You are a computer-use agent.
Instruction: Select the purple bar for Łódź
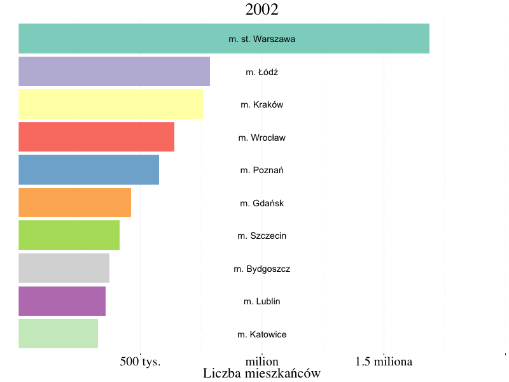coord(115,71)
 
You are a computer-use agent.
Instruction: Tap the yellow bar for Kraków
coord(111,104)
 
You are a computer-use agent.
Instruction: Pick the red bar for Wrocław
coord(96,137)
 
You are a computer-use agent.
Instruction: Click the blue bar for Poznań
coord(88,170)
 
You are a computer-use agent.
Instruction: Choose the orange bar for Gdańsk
coord(74,202)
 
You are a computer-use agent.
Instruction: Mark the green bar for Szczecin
coord(69,236)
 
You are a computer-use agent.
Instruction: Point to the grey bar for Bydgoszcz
coord(64,268)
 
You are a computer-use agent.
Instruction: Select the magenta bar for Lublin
coord(62,301)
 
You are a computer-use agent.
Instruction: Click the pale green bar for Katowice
coord(58,334)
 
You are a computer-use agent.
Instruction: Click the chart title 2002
coord(262,10)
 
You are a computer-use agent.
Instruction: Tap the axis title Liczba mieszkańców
coord(261,373)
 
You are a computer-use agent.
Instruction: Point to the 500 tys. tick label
coord(140,362)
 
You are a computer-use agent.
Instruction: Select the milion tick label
coord(262,362)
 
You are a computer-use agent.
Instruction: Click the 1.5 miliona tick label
coord(384,362)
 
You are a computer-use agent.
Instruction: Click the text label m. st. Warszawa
coord(262,39)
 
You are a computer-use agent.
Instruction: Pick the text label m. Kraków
coord(262,104)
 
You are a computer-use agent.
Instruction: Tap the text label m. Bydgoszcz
coord(262,269)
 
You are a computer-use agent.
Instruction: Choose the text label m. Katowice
coord(262,334)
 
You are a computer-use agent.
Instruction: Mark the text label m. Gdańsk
coord(262,203)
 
